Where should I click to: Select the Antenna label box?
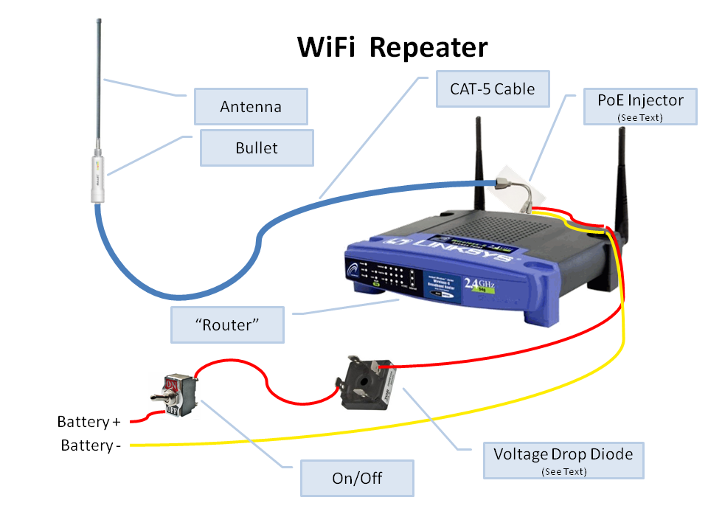251,107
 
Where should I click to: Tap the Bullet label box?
257,148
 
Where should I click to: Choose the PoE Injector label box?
639,105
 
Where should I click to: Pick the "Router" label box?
227,324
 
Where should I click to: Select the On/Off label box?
357,478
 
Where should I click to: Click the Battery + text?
88,423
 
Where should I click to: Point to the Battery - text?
91,446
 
